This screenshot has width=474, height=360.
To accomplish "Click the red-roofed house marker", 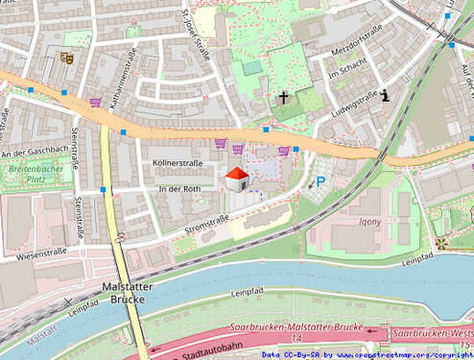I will click(236, 178).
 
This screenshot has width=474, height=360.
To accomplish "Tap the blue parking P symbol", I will click(320, 181).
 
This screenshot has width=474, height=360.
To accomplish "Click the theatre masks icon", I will click(66, 58).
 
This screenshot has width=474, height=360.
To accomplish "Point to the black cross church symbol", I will click(284, 97).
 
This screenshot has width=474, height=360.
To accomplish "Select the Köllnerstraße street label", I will click(178, 164).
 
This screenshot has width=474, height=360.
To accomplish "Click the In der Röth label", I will click(179, 189).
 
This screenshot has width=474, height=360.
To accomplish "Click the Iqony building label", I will click(369, 221).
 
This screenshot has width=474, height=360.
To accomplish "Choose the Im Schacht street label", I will click(346, 69).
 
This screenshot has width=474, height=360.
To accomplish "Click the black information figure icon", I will click(385, 95).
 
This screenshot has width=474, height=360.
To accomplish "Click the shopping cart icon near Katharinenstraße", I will click(95, 102).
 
